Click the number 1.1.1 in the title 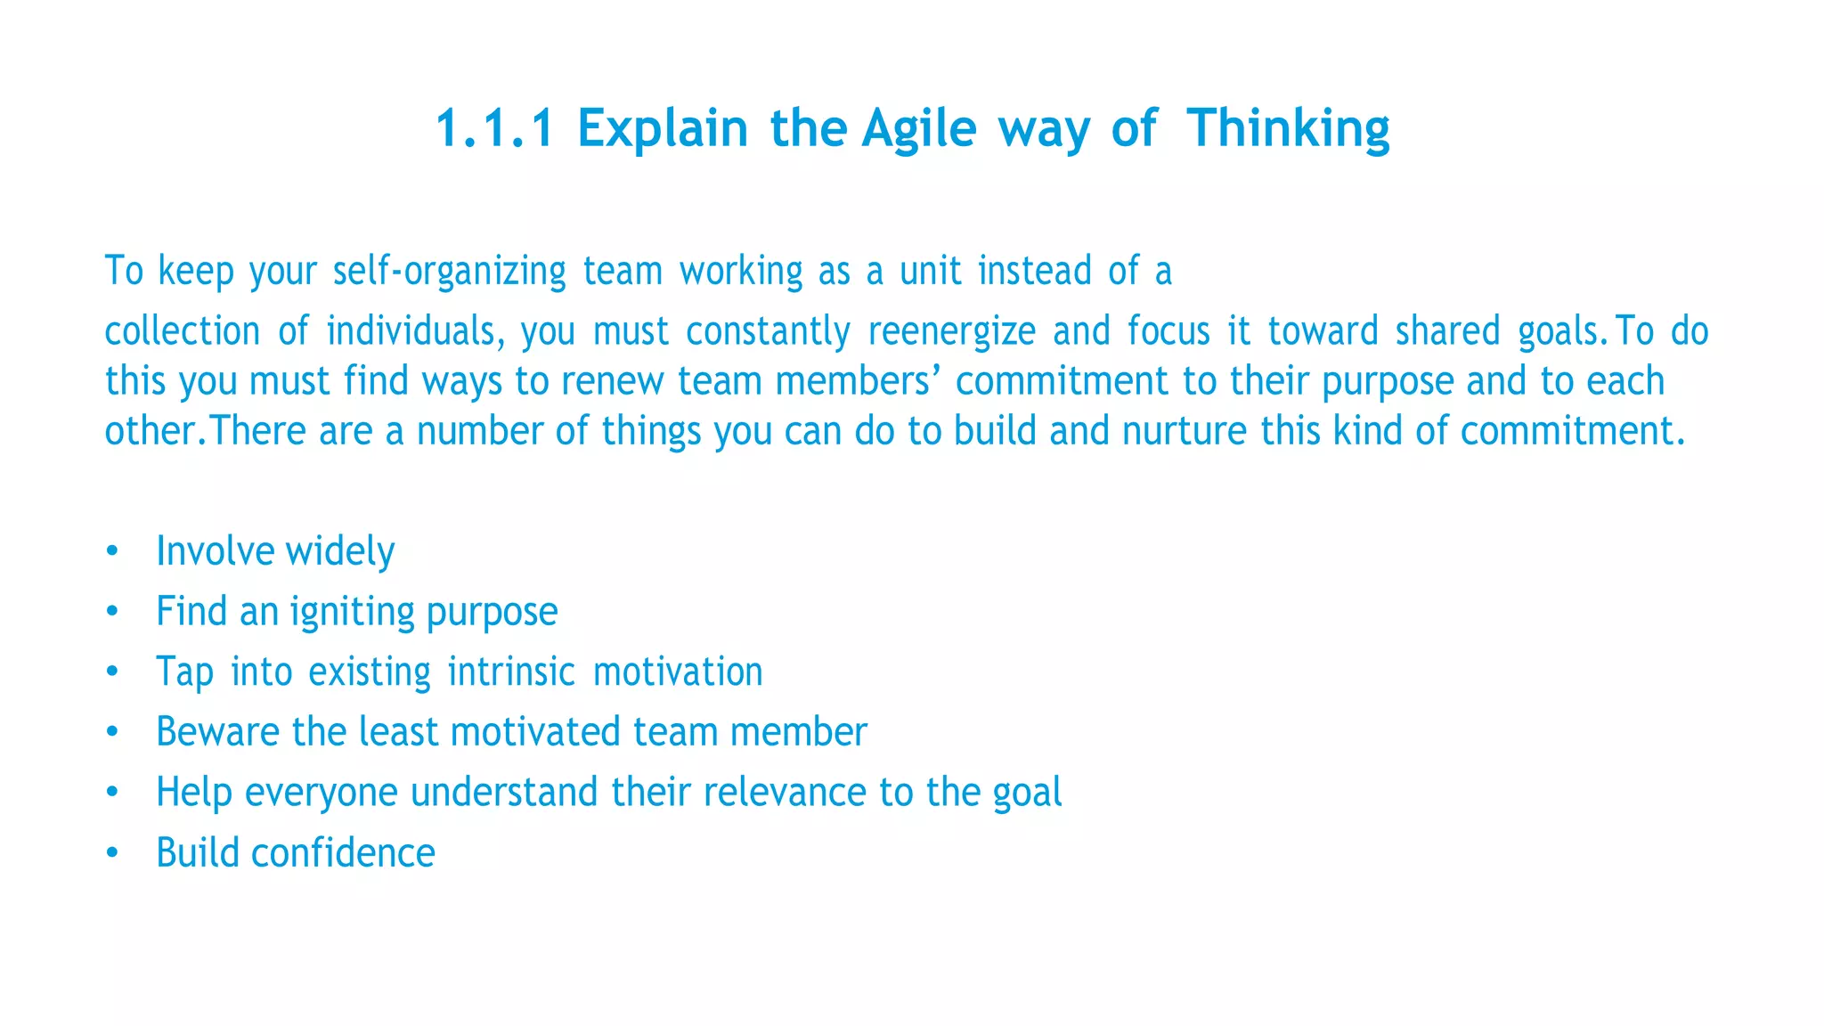(494, 128)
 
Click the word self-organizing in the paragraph (449, 272)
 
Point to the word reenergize (951, 331)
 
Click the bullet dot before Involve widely (111, 550)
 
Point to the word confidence (343, 853)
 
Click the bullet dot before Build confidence (111, 853)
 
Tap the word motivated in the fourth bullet (535, 732)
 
